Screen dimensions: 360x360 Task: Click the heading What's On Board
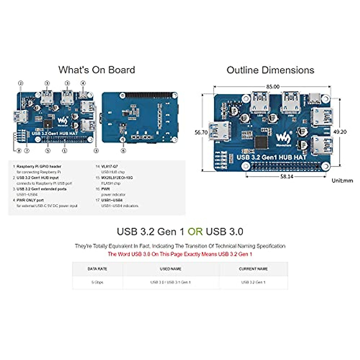pos(97,70)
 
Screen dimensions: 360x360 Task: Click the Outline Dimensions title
pos(270,70)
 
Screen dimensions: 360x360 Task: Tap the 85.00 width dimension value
pos(273,86)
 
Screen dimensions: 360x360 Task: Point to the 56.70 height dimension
pos(201,132)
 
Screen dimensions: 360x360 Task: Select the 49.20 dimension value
pos(340,132)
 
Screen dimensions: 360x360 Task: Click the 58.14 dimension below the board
pos(286,176)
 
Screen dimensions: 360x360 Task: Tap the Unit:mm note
pos(342,181)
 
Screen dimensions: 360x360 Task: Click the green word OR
pos(195,232)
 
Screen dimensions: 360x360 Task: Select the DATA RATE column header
pos(97,269)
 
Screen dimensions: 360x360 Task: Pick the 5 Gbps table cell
pos(97,282)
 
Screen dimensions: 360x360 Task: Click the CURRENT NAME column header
pos(253,269)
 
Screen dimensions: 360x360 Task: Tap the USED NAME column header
pos(170,269)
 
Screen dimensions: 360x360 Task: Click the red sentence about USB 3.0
pos(180,254)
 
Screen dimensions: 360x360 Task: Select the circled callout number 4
pos(83,83)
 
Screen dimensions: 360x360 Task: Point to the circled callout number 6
pos(123,151)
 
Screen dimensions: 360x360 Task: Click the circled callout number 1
pos(64,151)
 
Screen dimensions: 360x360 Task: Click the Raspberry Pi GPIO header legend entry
pos(39,166)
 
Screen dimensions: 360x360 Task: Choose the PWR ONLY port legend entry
pos(30,200)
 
